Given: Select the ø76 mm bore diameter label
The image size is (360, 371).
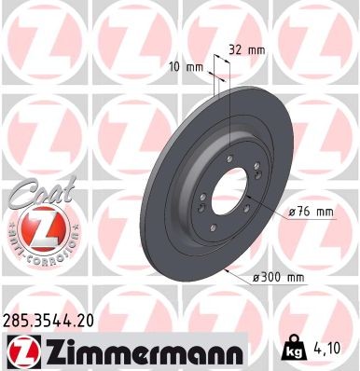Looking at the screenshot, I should (312, 213).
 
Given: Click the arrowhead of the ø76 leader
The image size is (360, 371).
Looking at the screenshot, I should (252, 203).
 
